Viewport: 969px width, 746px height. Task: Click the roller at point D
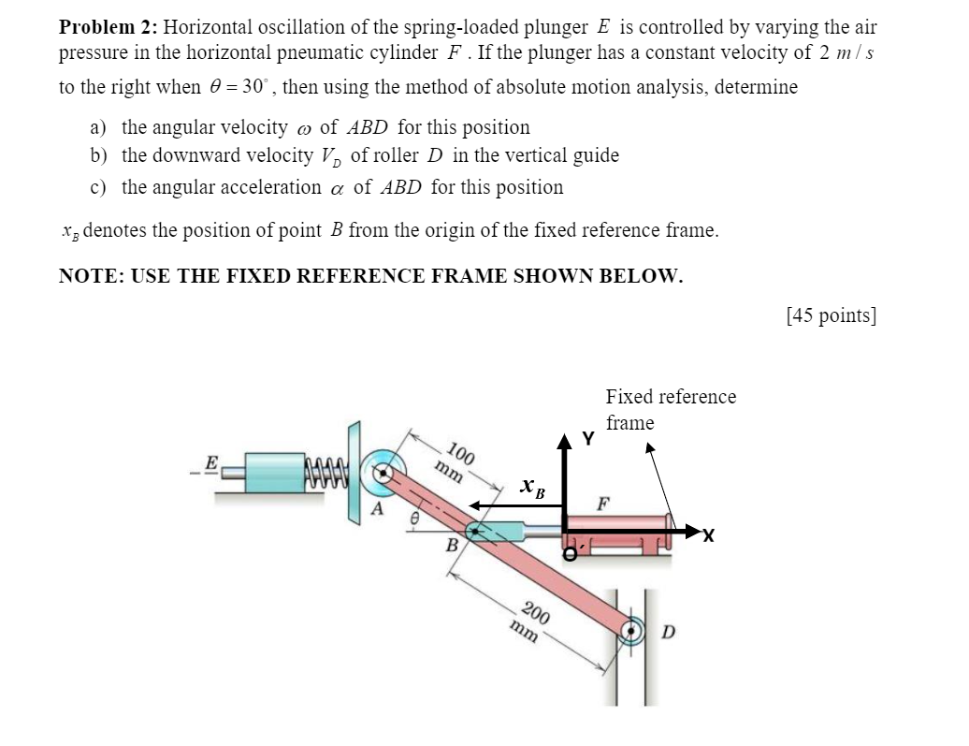(x=633, y=631)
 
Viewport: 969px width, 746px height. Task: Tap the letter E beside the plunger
(x=210, y=461)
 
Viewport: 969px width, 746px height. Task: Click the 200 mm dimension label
(x=529, y=622)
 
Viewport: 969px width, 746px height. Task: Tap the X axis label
(x=708, y=536)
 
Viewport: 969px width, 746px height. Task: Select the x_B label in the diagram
(x=530, y=487)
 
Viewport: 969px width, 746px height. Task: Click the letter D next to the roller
(x=668, y=632)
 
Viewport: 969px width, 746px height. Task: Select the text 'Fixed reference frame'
(x=670, y=409)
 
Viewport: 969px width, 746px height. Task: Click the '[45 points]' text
(x=832, y=315)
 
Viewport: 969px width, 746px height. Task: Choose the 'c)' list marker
(x=99, y=187)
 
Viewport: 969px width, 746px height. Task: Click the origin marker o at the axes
(x=569, y=554)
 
